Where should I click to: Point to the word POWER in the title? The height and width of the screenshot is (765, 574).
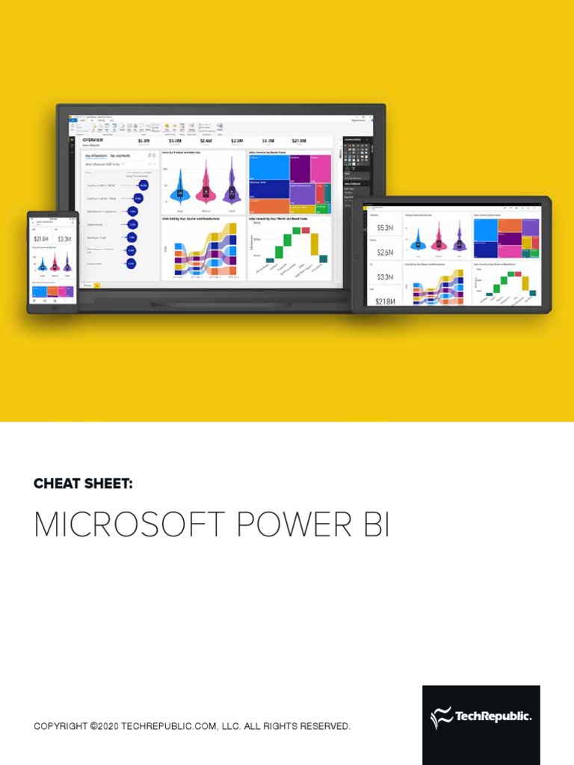click(x=274, y=526)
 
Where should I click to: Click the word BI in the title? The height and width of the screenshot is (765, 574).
click(x=372, y=526)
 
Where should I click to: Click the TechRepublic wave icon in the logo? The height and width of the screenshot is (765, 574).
click(x=441, y=718)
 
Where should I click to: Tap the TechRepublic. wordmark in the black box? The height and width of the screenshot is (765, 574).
click(x=494, y=717)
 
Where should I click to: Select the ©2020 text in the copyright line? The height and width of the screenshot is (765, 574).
click(x=105, y=726)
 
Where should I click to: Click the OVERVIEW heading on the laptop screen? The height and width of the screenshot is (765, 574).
click(x=93, y=140)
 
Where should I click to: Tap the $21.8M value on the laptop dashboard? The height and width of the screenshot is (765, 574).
click(x=299, y=140)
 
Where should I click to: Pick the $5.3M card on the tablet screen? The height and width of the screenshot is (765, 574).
click(x=383, y=228)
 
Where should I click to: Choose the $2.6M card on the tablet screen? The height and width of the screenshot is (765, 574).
click(x=383, y=253)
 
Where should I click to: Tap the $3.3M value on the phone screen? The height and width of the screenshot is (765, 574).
click(x=64, y=239)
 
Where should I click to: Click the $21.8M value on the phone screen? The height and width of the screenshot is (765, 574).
click(x=40, y=239)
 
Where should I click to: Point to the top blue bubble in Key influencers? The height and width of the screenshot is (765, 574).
click(x=143, y=185)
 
